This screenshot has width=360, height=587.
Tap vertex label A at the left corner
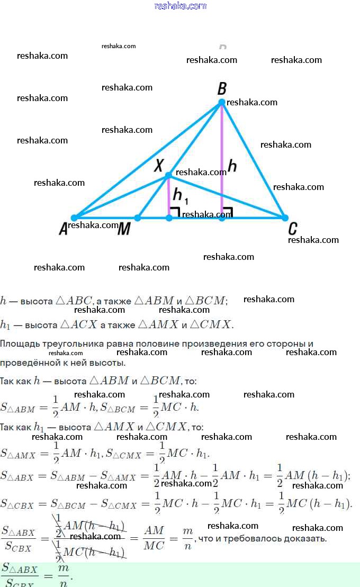(64, 229)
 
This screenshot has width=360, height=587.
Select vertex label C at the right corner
(292, 229)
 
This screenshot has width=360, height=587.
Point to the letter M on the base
(124, 229)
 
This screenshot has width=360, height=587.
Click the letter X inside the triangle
(158, 166)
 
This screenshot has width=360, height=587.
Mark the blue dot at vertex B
(222, 102)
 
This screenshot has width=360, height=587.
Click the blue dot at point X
(168, 175)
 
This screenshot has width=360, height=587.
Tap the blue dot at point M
(137, 218)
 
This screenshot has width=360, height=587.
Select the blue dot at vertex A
(74, 218)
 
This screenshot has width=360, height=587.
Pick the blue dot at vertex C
(285, 218)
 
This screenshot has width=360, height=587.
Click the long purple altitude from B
(222, 159)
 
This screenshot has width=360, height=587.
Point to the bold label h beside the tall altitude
(232, 166)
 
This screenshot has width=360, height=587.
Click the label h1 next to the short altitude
(180, 197)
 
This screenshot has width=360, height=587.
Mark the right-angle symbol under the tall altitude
(228, 212)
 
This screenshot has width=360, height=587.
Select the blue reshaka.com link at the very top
(180, 6)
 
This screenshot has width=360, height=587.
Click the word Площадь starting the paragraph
(20, 344)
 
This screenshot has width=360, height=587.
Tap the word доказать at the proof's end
(307, 539)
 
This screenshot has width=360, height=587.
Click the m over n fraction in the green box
(64, 573)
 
